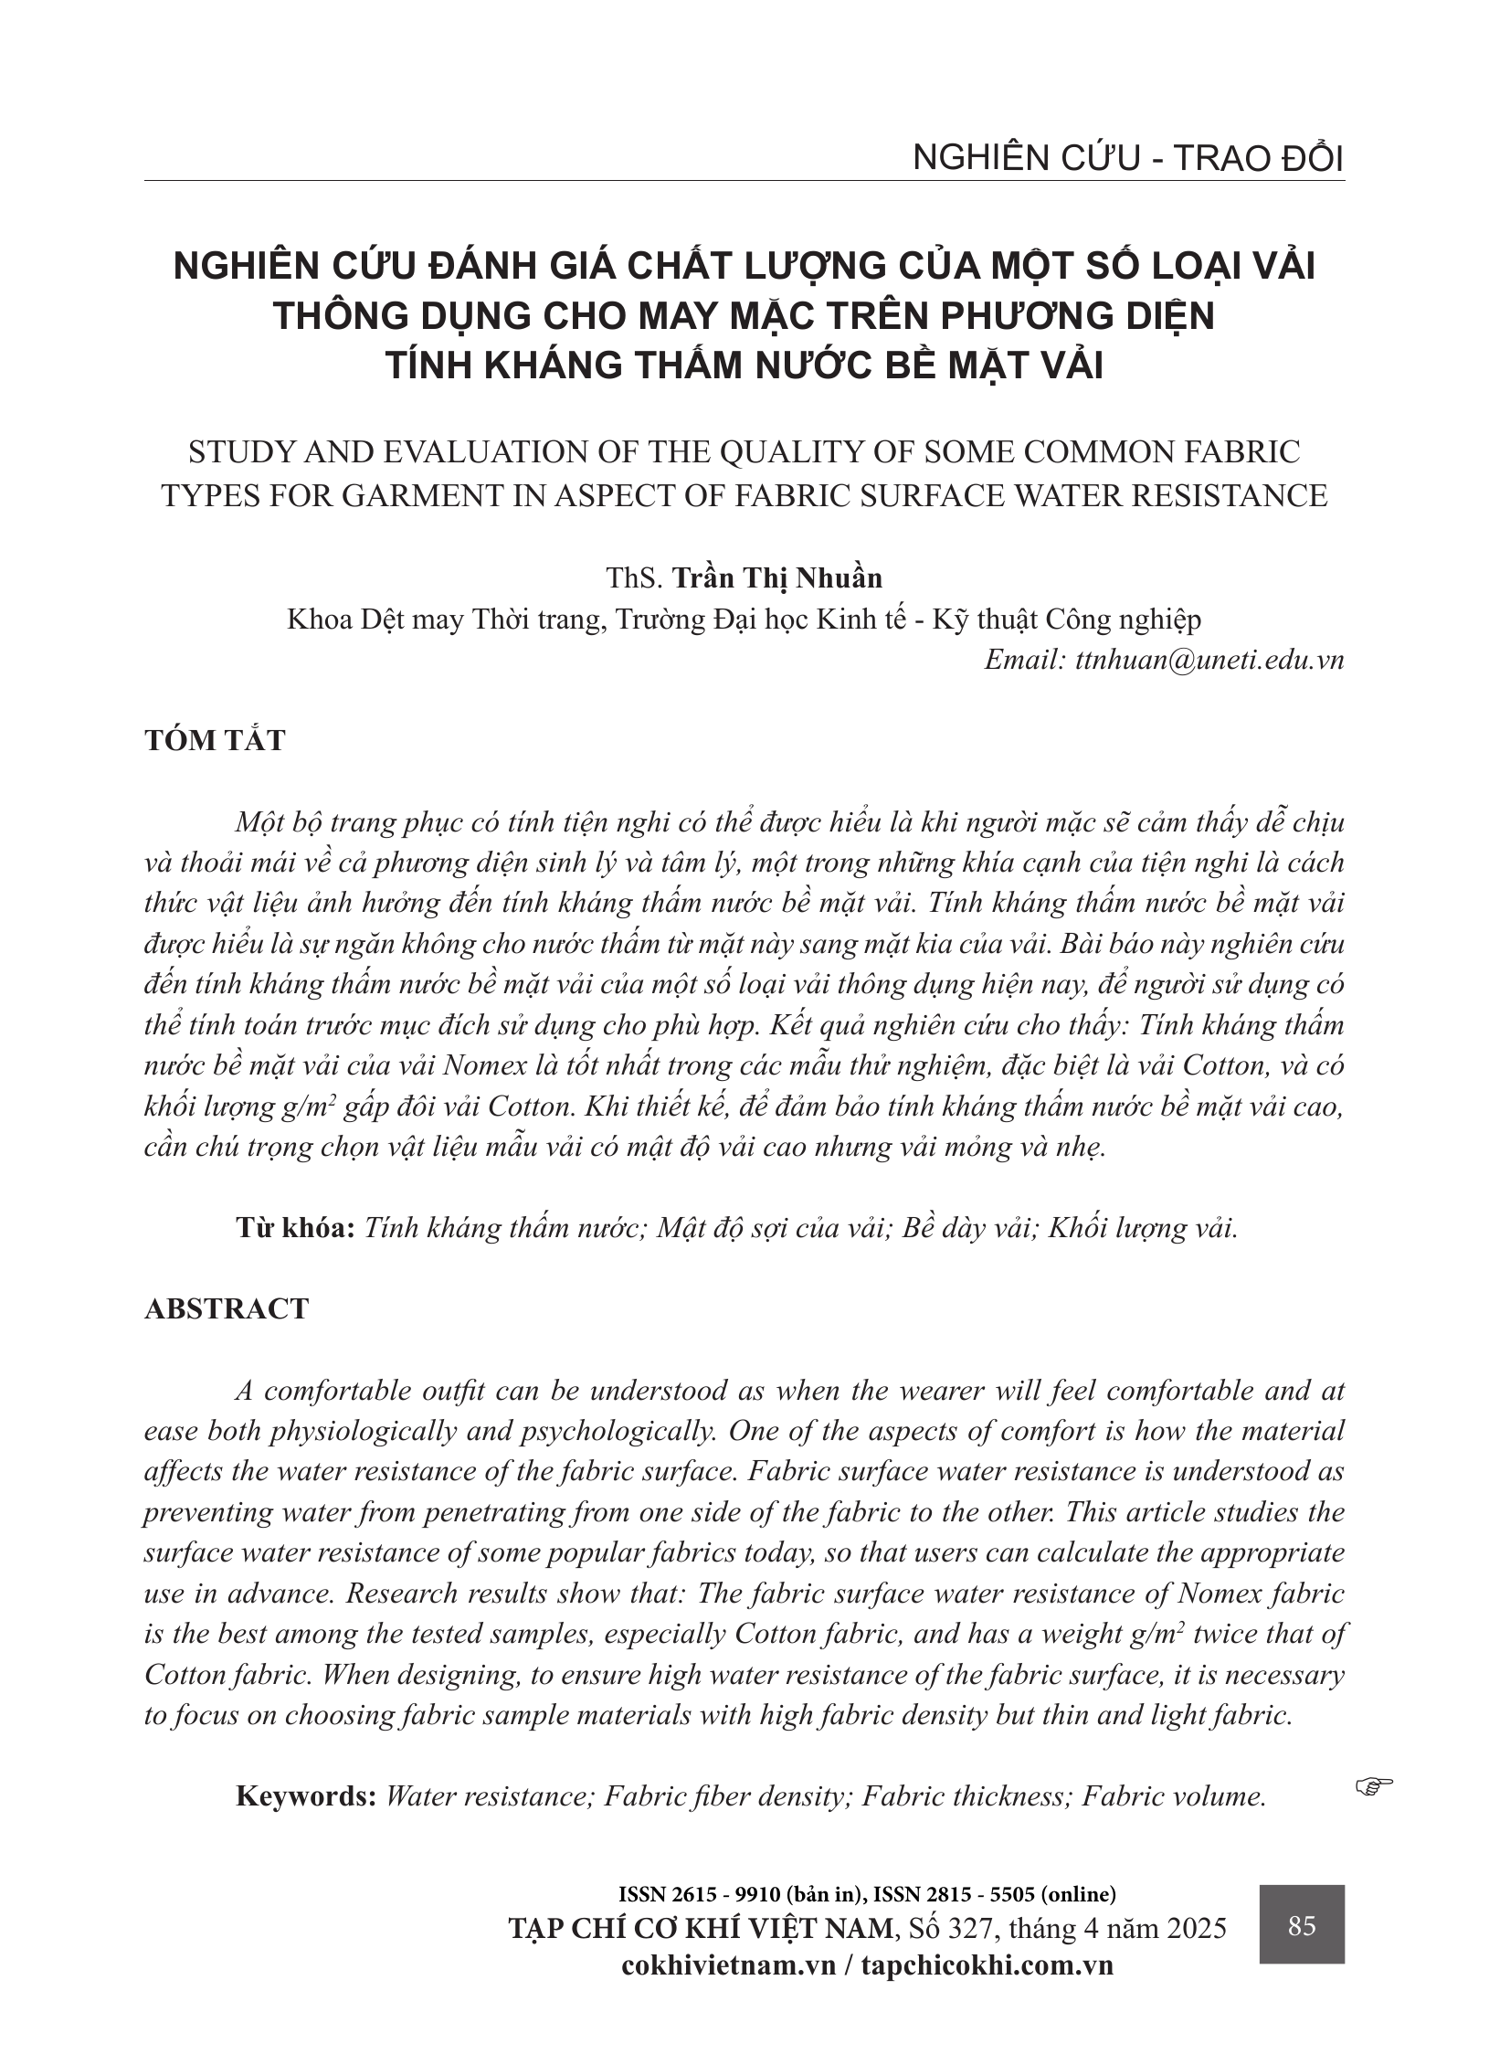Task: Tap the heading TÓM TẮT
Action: pos(215,740)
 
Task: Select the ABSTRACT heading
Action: pos(227,1308)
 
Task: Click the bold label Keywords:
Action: pos(306,1796)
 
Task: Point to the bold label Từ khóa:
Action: pos(295,1227)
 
